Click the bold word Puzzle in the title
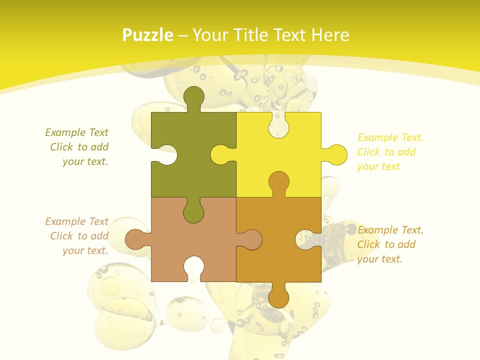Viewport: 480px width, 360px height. pos(148,35)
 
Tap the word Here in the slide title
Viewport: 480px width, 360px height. pos(329,35)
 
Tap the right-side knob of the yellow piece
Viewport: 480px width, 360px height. pos(336,155)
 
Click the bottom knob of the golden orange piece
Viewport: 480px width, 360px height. pos(278,297)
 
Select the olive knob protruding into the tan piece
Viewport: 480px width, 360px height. pos(193,212)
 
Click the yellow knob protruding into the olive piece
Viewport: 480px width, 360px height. pos(221,154)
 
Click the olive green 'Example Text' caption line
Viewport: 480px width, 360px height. pos(77,132)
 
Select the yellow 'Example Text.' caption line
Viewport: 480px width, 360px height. pos(390,137)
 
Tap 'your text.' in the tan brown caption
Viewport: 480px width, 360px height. pos(85,250)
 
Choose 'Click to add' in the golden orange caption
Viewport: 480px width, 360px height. pos(386,244)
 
